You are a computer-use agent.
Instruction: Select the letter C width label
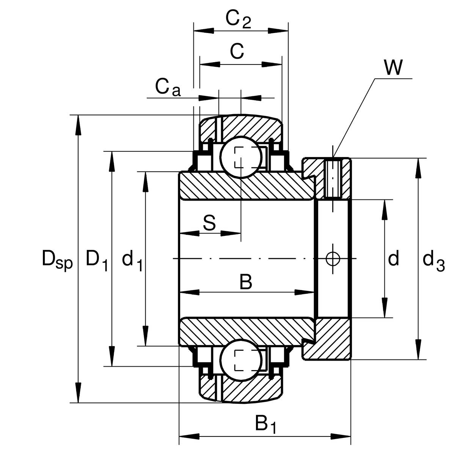[x=237, y=51]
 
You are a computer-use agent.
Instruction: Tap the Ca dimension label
[x=168, y=88]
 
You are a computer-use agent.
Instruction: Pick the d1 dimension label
[x=132, y=260]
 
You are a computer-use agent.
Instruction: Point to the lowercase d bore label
[x=394, y=259]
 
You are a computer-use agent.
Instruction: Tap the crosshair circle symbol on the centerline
[x=333, y=259]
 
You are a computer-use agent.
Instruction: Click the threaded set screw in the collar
[x=333, y=178]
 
